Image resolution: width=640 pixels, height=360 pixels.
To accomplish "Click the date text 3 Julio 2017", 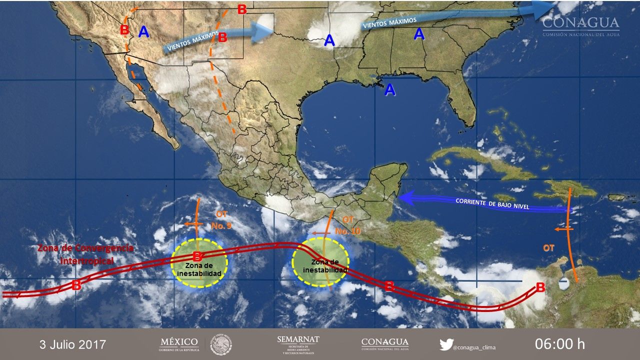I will tap(73, 344).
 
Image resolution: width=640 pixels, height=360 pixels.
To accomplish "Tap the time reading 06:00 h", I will tap(559, 344).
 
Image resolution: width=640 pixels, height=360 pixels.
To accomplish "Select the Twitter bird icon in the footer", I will tap(446, 344).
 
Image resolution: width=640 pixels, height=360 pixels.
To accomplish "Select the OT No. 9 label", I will tap(221, 220).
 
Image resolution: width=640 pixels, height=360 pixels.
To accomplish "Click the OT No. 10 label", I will tap(348, 225).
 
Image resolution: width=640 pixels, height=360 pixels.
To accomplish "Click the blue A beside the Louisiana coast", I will tap(389, 90).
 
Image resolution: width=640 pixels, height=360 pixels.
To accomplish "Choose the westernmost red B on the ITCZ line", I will tap(76, 286).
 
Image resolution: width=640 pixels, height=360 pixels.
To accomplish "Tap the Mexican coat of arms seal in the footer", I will tap(220, 344).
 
